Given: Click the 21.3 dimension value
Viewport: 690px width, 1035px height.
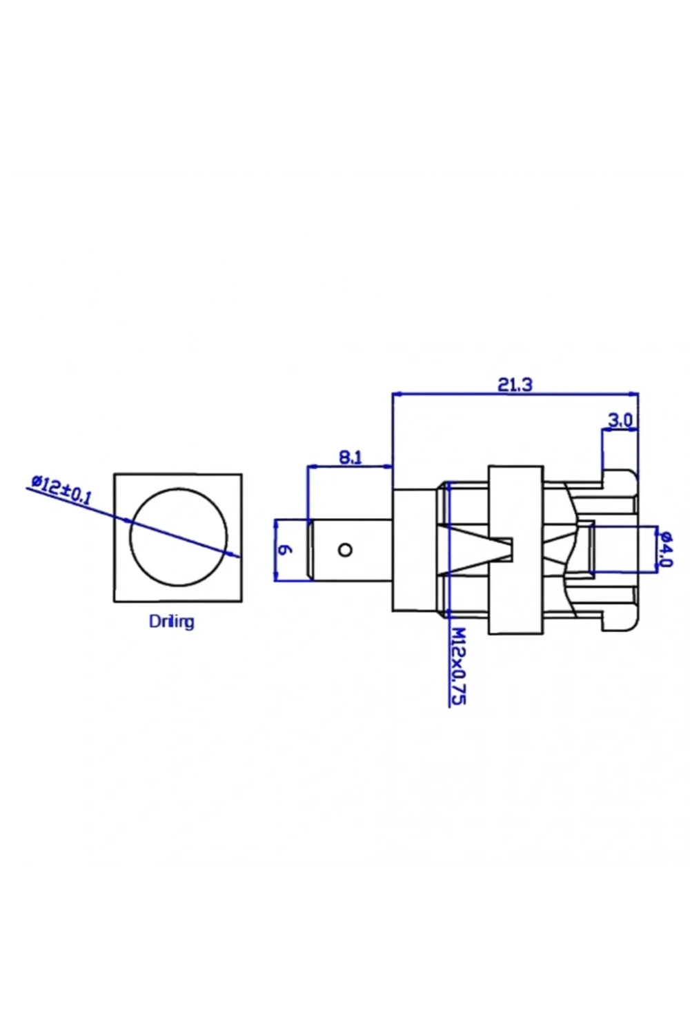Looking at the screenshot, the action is pos(515,384).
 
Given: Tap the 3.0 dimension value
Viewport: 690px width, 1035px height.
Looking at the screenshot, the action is pos(620,420).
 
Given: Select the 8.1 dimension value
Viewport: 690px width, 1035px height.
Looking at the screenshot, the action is pos(351,457).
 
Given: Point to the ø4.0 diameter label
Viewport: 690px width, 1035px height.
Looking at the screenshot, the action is pos(666,549).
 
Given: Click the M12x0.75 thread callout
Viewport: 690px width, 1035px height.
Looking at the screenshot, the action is pos(457,666).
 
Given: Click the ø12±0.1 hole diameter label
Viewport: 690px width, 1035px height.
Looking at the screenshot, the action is pos(61,489).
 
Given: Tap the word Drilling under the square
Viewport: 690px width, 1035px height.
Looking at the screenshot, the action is pos(171,622).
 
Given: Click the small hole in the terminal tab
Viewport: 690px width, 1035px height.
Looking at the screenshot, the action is pos(345,550).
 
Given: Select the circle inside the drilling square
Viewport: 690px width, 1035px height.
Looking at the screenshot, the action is pos(179,489).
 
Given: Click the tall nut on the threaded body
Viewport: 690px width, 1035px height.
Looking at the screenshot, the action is pos(515,549).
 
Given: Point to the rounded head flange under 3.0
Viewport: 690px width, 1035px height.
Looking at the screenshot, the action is pos(620,550).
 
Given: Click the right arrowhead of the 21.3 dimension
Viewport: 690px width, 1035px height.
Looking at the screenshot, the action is pos(634,394).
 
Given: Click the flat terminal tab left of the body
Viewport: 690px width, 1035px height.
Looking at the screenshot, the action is pos(351,550).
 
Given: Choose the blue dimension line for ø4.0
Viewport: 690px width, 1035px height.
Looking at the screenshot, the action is pos(657,549).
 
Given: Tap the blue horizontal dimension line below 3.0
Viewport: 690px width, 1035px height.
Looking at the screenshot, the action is pos(620,431).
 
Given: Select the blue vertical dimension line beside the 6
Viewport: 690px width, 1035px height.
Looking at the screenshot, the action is pos(275,550).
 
